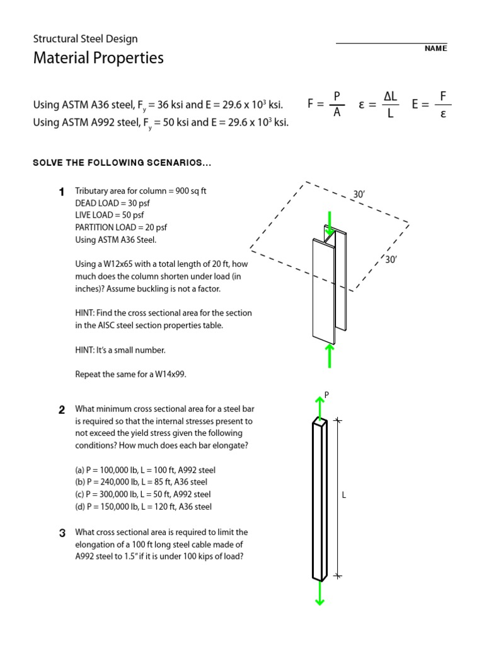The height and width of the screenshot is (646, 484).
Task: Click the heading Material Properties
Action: tap(98, 59)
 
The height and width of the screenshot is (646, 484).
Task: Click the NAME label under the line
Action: tap(435, 49)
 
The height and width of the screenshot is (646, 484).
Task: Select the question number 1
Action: tap(61, 191)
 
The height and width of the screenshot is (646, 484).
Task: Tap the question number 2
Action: tap(62, 409)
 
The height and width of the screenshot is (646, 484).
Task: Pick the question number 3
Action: tap(62, 533)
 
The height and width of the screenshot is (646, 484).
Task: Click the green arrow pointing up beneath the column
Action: tap(328, 355)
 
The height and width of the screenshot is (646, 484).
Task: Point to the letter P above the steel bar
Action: tap(326, 395)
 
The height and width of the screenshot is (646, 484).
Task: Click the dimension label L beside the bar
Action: tap(344, 496)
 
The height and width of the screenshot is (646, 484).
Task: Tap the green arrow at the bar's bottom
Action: tap(320, 593)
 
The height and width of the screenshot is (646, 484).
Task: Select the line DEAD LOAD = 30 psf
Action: tap(112, 203)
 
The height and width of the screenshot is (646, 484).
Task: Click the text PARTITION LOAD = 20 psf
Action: tap(121, 227)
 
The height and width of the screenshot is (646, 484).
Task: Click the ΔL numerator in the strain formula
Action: tap(390, 95)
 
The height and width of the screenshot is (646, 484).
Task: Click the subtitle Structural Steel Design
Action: tap(85, 39)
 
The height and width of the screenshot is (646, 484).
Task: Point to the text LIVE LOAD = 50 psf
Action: tap(109, 215)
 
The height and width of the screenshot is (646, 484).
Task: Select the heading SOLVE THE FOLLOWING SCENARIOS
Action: tap(122, 163)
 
